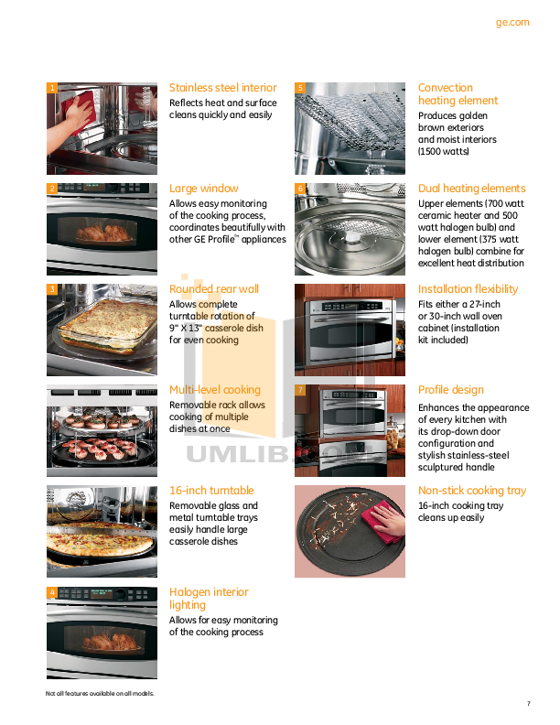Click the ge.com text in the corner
click(512, 23)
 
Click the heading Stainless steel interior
click(222, 88)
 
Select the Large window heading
click(203, 189)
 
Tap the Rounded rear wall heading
click(214, 289)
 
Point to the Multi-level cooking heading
click(215, 390)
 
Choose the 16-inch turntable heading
click(211, 491)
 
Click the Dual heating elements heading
click(471, 189)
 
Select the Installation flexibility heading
click(468, 289)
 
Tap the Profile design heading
click(451, 390)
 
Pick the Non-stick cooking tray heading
click(471, 491)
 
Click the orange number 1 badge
click(52, 88)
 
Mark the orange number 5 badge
click(300, 88)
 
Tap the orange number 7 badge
click(300, 390)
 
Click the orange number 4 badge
click(52, 592)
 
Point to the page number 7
click(528, 703)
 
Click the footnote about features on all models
click(100, 693)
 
